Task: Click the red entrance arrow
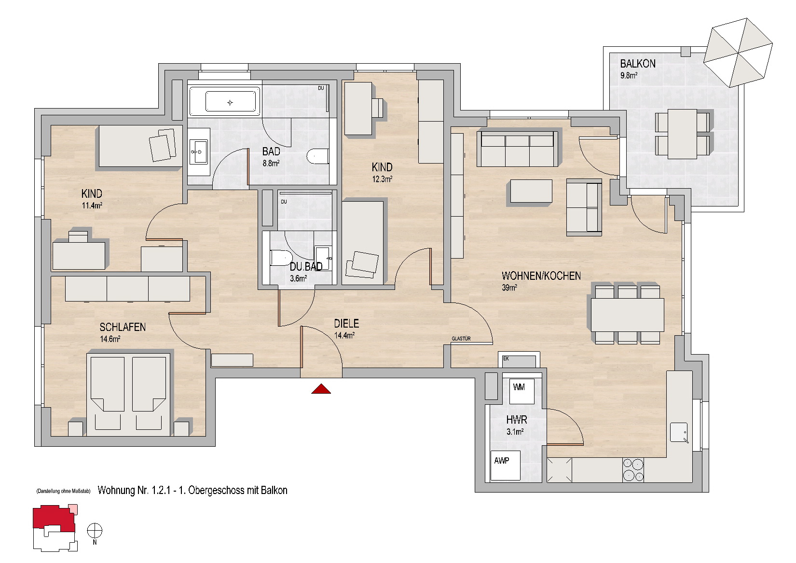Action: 321,389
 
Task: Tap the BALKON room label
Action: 638,64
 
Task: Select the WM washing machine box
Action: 522,391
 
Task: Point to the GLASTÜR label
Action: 461,339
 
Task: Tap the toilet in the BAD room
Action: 318,157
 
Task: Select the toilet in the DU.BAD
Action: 281,258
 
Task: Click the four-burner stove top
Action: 633,470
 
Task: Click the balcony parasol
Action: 738,53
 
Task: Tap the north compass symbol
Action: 95,531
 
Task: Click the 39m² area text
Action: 509,288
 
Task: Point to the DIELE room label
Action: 346,323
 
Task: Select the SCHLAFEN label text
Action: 123,327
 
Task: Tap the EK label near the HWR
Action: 506,358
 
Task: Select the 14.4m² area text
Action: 344,335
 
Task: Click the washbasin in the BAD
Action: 199,152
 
